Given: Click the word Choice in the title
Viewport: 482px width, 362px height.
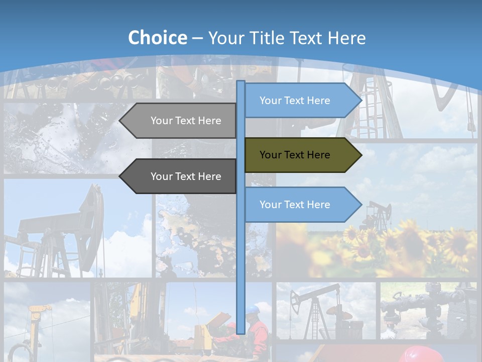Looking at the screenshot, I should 157,38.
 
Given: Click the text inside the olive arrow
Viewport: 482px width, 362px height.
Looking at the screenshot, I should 295,155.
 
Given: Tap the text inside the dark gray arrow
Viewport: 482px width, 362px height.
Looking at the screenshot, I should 186,176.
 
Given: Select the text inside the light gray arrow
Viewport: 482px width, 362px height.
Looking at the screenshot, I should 186,121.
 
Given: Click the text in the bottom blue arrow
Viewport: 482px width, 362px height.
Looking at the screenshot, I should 295,205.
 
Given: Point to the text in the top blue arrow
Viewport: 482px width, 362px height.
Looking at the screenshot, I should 295,101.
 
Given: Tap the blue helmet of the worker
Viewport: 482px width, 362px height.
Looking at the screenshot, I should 256,308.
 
